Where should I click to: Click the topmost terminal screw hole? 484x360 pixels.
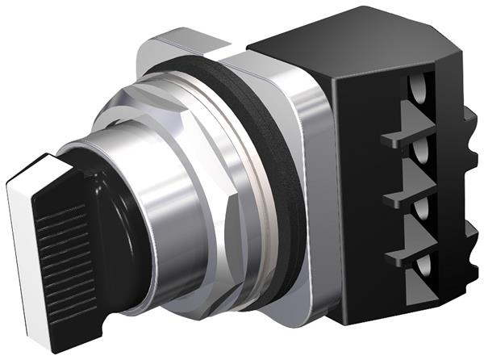(x=417, y=87)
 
